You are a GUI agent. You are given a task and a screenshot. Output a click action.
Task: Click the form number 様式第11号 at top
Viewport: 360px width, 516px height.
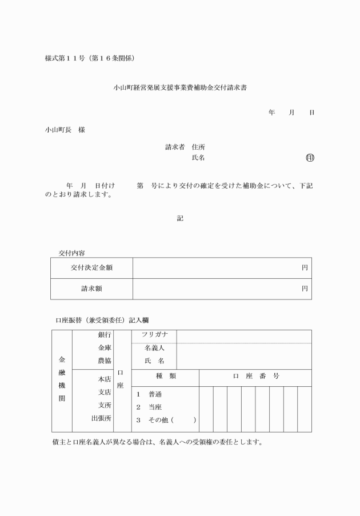click(65, 58)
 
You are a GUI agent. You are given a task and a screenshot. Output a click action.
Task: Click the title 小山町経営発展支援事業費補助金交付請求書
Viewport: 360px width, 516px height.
click(180, 89)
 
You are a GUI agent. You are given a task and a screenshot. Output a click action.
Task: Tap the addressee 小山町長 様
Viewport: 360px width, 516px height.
click(65, 130)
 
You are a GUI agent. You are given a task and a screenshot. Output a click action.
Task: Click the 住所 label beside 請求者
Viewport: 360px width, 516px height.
click(199, 147)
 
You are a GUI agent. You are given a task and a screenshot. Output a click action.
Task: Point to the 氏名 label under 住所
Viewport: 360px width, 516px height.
click(199, 158)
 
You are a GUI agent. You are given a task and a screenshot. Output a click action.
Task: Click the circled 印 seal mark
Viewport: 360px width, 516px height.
click(310, 158)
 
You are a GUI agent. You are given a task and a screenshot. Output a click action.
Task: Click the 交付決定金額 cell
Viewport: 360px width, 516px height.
click(91, 268)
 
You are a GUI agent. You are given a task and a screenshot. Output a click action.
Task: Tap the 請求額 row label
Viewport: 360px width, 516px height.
click(91, 289)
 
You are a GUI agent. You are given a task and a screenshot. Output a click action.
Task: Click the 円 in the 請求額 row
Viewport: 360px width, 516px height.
click(305, 289)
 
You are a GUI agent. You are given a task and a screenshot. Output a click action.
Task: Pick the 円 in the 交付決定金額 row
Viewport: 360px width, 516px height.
click(305, 268)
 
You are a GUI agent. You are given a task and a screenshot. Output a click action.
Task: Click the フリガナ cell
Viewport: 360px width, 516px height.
click(154, 335)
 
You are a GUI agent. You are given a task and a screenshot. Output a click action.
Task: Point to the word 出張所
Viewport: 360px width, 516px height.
click(101, 418)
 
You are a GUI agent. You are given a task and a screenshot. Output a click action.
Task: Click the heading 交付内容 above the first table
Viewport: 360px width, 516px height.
click(72, 253)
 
